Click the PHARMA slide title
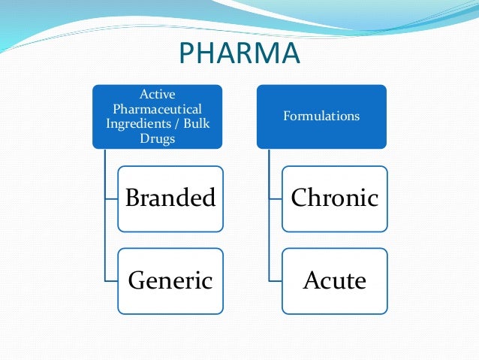pos(239,55)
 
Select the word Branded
pos(170,198)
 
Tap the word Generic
pos(170,281)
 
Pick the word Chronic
pos(335,198)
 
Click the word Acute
pos(335,281)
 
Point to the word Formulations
pos(321,116)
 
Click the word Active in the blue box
pos(158,95)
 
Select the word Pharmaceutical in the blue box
pos(158,109)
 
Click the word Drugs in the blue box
pos(158,138)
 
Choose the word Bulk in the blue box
pos(194,123)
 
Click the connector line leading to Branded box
pos(111,199)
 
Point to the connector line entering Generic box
pos(111,281)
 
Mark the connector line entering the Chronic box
pos(275,199)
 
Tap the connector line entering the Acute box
pos(275,281)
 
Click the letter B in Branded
pos(133,198)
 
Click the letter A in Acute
pos(312,281)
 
